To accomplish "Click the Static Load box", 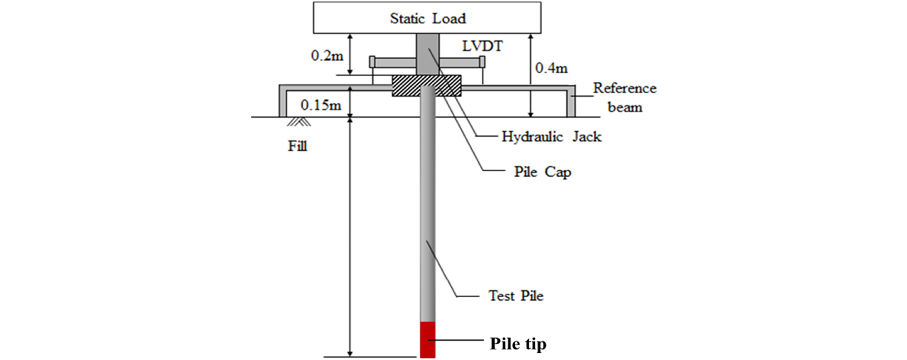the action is click(x=427, y=18).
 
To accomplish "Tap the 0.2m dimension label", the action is click(x=327, y=56).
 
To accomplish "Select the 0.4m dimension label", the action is click(x=552, y=68).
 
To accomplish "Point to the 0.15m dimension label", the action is click(x=321, y=105).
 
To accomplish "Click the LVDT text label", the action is click(x=482, y=46).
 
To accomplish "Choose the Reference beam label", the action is click(x=625, y=98).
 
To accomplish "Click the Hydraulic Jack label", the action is click(x=552, y=137).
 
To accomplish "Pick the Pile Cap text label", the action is click(x=542, y=172).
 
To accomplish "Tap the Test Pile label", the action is click(x=516, y=296).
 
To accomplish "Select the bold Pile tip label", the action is click(x=518, y=344).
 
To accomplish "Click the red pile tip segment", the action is click(x=428, y=340).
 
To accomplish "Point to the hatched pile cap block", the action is click(x=427, y=86).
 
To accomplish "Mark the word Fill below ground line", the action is click(x=297, y=146).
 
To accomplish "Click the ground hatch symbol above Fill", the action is click(x=299, y=122).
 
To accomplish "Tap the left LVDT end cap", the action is click(x=372, y=62).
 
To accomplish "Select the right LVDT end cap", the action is click(x=482, y=62).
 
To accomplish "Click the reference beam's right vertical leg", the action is click(x=571, y=101).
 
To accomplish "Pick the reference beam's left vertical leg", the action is click(x=283, y=101).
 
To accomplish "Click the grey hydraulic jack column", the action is click(x=427, y=54).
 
